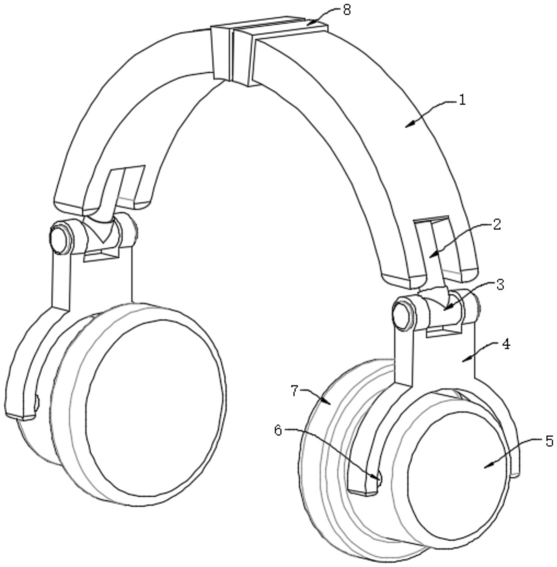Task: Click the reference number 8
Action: (x=347, y=10)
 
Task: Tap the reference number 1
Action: (x=462, y=100)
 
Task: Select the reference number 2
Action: (x=496, y=225)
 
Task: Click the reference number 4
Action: (x=506, y=345)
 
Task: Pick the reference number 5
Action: (x=549, y=441)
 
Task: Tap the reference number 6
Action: (x=278, y=431)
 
